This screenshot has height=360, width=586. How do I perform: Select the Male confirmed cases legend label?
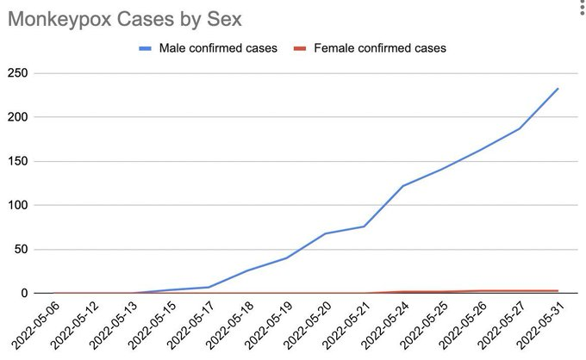tap(218, 48)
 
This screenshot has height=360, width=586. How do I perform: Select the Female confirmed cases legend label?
tap(380, 48)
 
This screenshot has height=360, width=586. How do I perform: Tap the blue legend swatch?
tap(146, 48)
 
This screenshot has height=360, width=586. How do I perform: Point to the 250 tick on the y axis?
tap(17, 73)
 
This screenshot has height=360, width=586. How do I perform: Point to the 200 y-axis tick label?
tap(17, 117)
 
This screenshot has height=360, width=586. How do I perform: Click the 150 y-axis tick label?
tap(17, 161)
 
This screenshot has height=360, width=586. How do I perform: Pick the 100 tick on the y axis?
tap(17, 206)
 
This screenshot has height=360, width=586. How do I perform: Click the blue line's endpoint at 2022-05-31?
tap(558, 88)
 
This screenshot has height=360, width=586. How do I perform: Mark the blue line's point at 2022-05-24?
tap(403, 185)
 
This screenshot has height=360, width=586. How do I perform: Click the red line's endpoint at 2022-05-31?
tap(558, 290)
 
